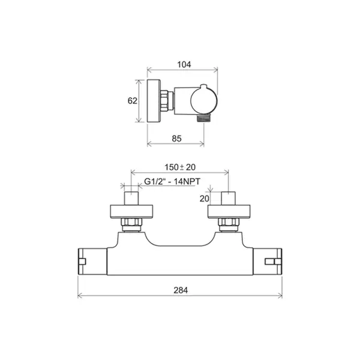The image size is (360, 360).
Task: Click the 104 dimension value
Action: (184, 65)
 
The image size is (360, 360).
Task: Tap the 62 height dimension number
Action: (132, 101)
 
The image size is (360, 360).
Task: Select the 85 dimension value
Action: (176, 139)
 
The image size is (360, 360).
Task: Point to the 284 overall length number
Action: (181, 290)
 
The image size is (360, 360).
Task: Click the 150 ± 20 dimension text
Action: (180, 167)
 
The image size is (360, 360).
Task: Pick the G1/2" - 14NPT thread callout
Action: (172, 181)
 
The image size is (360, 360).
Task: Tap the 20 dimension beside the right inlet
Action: (205, 199)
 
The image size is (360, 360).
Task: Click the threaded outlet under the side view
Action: (203, 118)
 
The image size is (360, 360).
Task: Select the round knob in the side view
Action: (204, 100)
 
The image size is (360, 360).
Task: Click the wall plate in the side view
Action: (154, 101)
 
